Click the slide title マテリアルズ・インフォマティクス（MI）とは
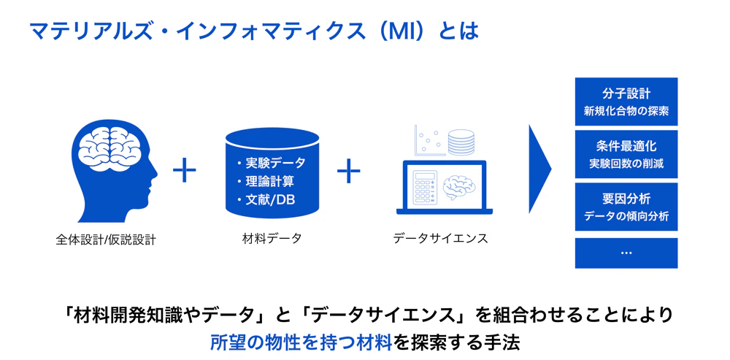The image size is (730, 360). point(254,32)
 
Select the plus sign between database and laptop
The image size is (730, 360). point(349,170)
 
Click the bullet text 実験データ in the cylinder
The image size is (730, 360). point(275,163)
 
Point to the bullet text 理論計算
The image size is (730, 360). point(269,181)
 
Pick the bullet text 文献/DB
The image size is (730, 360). point(271,199)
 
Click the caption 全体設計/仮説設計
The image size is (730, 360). point(106,240)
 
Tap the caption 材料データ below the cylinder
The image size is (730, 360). point(272,239)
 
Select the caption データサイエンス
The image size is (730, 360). point(440,239)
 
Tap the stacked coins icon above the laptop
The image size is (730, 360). point(461,142)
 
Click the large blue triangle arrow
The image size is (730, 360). point(540,169)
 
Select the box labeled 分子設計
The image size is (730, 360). point(626,102)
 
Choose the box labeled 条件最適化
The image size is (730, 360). point(626,154)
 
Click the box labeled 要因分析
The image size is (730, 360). point(626,207)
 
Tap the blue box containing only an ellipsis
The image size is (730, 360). point(626,253)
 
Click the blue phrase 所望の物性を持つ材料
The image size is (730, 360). point(300,342)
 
